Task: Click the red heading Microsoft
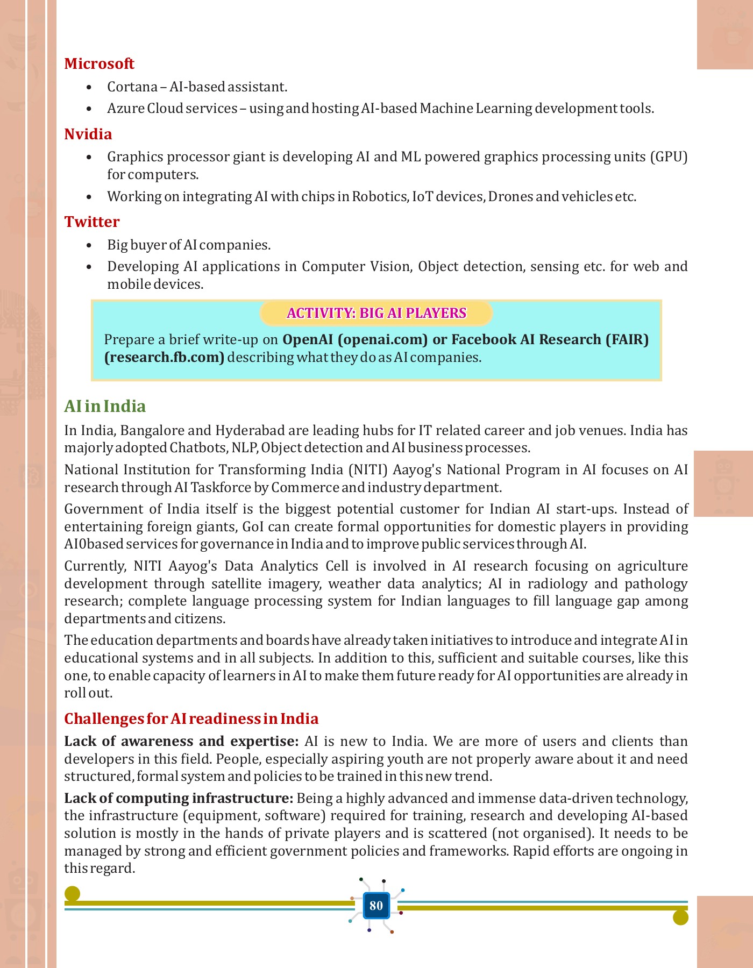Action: (99, 63)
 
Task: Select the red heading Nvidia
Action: (88, 134)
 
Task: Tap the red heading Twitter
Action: (92, 222)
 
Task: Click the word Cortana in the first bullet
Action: (132, 87)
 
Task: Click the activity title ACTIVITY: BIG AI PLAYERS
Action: (376, 313)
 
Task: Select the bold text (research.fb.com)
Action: (164, 357)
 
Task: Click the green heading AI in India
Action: (105, 406)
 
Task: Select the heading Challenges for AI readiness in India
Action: (191, 718)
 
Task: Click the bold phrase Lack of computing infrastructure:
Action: (179, 798)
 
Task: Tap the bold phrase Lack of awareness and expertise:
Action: (181, 741)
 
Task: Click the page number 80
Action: (376, 906)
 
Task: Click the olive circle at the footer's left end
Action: (72, 894)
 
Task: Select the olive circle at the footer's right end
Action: (680, 917)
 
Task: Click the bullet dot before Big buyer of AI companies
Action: (89, 245)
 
